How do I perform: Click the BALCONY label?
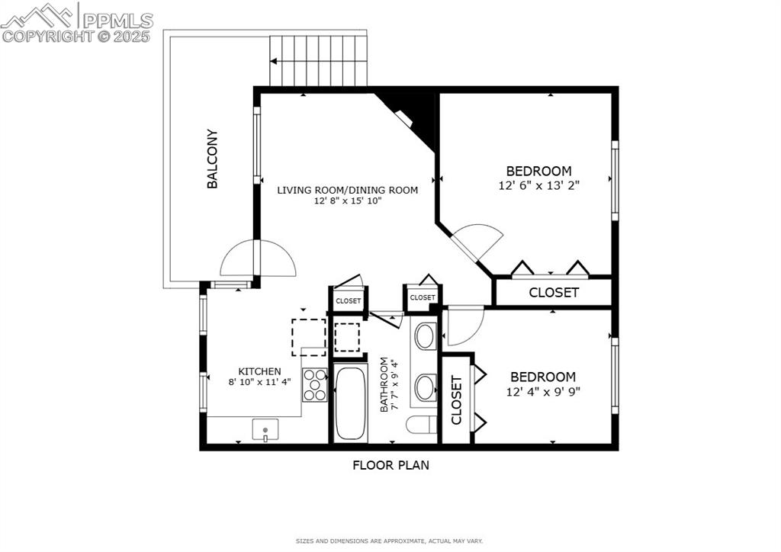(x=213, y=159)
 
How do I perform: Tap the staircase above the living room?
(x=319, y=61)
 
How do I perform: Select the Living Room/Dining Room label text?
(x=347, y=190)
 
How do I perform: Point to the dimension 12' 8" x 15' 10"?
(x=347, y=201)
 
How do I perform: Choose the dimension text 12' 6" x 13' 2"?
(x=538, y=185)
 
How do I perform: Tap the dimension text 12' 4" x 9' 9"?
(x=542, y=391)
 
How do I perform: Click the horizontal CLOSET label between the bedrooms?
(x=554, y=292)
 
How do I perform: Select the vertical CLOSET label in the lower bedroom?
(x=457, y=400)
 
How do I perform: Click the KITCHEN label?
(x=259, y=371)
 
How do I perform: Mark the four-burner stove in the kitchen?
(x=314, y=384)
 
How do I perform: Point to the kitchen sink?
(x=265, y=431)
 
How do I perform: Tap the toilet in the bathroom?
(x=421, y=424)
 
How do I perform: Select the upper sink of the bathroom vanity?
(x=425, y=336)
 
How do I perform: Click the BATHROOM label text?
(x=384, y=385)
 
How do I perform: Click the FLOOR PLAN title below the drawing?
(x=390, y=465)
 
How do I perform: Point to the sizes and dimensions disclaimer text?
(x=389, y=541)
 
